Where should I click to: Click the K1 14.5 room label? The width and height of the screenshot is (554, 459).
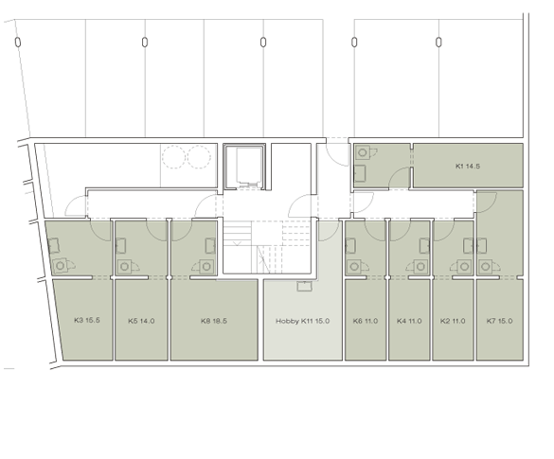point(469,167)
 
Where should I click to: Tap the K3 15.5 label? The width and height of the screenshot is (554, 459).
point(85,321)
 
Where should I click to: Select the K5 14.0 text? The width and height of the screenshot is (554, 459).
point(142,321)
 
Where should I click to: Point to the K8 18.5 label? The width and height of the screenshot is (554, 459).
point(214,321)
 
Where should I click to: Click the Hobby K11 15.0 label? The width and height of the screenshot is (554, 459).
point(302,321)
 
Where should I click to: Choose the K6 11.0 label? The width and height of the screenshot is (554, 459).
point(366,321)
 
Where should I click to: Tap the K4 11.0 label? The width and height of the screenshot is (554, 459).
point(410,321)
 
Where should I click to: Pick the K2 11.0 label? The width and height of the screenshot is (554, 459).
point(454,321)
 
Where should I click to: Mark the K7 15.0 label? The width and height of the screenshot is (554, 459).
point(499,321)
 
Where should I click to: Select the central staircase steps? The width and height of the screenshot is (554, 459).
point(244,247)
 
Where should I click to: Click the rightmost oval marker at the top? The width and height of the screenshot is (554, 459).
point(440,42)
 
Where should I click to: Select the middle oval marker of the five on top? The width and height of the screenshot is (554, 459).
point(263,42)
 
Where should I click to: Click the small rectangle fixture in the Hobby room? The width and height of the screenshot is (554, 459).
point(302,286)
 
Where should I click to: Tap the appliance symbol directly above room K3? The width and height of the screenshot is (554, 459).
point(62,266)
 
